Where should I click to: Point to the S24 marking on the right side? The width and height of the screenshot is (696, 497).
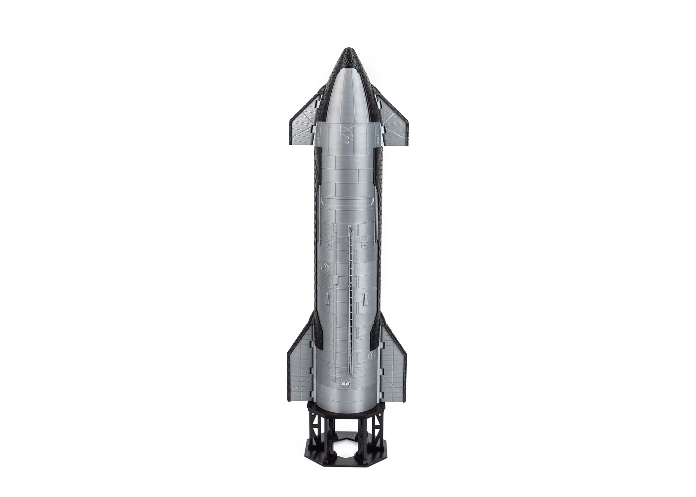coord(378,136)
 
